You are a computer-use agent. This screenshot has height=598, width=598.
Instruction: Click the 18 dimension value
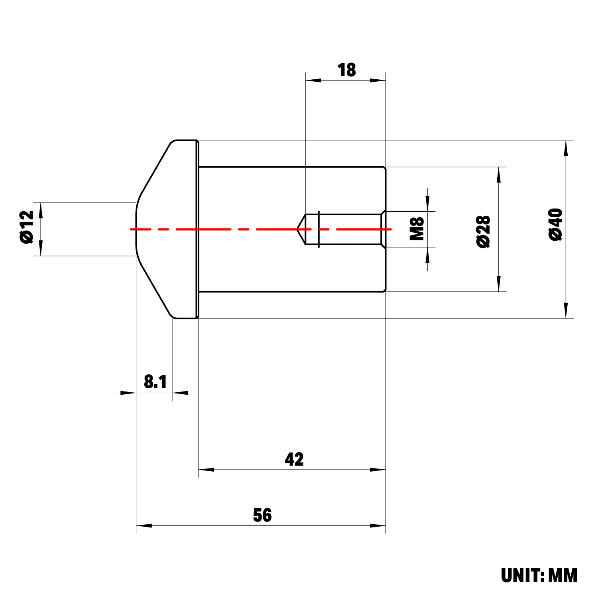click(346, 70)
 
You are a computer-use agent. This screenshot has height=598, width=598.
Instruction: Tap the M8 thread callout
click(417, 229)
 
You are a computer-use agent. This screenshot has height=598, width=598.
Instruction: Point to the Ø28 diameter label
click(484, 232)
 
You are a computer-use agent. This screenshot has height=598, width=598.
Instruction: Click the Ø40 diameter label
click(556, 224)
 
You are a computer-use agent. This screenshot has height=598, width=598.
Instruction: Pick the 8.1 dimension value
click(155, 382)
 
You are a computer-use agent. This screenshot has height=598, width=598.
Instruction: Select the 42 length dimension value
click(294, 459)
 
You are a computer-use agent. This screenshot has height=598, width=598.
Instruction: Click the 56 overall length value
click(262, 515)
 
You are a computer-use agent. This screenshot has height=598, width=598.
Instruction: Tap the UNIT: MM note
click(539, 576)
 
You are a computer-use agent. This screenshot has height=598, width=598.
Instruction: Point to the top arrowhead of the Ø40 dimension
click(566, 148)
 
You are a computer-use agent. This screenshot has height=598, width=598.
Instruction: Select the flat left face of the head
click(136, 229)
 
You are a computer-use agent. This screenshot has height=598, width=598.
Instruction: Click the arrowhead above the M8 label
click(428, 203)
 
